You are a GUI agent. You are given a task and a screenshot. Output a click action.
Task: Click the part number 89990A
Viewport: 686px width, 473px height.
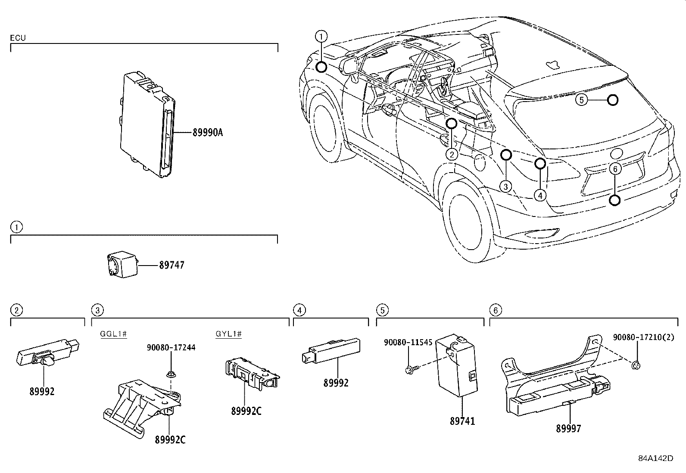coord(207,133)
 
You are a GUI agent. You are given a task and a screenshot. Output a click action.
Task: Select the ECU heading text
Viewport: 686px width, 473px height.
coord(18,38)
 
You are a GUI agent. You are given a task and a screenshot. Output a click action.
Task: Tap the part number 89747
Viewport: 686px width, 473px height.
coord(171,266)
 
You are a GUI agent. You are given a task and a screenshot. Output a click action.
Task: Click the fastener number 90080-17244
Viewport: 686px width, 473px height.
coord(171,347)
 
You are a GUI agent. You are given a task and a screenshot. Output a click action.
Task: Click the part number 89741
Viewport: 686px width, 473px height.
coord(462,421)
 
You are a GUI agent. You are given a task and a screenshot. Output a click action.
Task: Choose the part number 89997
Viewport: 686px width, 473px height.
coord(568,428)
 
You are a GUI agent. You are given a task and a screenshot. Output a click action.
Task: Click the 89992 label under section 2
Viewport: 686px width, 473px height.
coord(42,392)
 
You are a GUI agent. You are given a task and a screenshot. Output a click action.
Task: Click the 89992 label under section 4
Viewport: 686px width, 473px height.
coord(336,383)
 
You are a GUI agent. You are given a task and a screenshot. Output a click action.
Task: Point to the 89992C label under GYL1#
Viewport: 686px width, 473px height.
coord(246,411)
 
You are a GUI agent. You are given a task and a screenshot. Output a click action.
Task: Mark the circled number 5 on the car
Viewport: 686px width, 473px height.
coord(581,100)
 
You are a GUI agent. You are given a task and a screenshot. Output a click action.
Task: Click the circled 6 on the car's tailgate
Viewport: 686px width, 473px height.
coord(615,169)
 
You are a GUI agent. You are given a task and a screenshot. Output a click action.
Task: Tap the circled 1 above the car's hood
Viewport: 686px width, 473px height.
coord(321,36)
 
